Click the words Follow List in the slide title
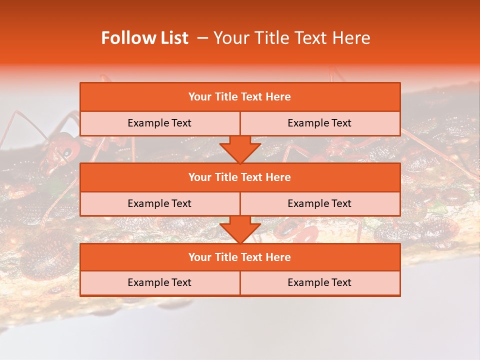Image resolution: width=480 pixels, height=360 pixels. click(144, 38)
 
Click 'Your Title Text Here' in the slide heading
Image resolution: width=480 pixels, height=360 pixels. click(291, 38)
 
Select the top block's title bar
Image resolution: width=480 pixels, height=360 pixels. click(240, 97)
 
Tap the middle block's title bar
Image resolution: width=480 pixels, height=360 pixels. click(240, 177)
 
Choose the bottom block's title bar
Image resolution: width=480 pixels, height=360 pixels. click(240, 257)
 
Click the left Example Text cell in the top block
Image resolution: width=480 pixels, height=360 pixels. click(159, 123)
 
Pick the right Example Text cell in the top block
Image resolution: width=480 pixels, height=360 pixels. click(319, 123)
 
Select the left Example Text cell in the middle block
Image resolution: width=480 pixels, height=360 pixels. click(159, 203)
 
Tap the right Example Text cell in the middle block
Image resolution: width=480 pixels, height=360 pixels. click(319, 203)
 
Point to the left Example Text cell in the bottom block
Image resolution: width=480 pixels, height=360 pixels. click(159, 282)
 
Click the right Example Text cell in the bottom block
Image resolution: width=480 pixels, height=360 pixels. click(319, 282)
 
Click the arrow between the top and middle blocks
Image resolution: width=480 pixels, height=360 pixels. click(240, 149)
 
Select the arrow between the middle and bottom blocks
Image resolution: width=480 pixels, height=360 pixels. click(240, 229)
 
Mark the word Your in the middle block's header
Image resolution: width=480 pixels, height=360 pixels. click(200, 177)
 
